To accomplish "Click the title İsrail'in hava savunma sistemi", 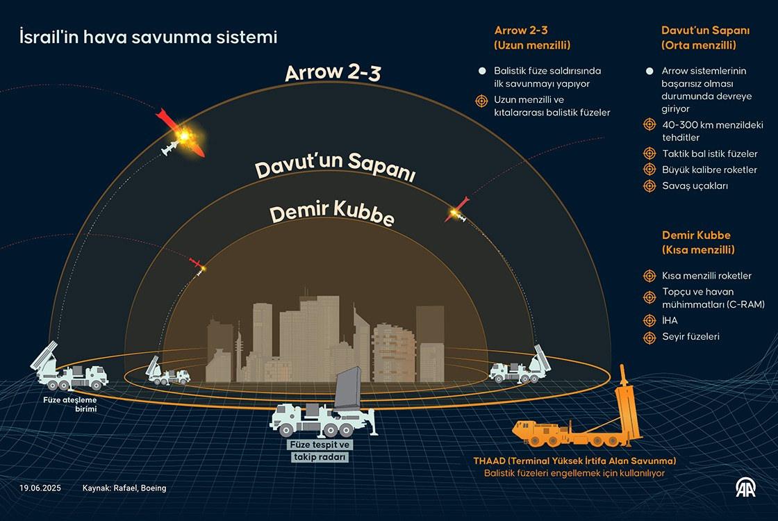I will tap(148, 38).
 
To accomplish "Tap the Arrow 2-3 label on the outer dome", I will tap(333, 73).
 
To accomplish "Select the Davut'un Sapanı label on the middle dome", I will tap(335, 171).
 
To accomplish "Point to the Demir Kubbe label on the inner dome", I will tap(331, 215).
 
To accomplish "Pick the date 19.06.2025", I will tap(40, 488).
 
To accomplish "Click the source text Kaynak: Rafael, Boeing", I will tap(124, 488).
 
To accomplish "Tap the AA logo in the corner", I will tap(748, 489).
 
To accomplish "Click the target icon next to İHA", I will tap(649, 320).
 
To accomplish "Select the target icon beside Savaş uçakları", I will tap(649, 186).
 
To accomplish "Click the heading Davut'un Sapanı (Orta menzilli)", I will tap(698, 38).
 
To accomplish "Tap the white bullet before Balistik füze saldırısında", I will tap(481, 71).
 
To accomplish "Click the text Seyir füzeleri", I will tap(690, 336).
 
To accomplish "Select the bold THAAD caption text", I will tap(574, 461).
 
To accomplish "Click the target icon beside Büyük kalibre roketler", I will tap(649, 169).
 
